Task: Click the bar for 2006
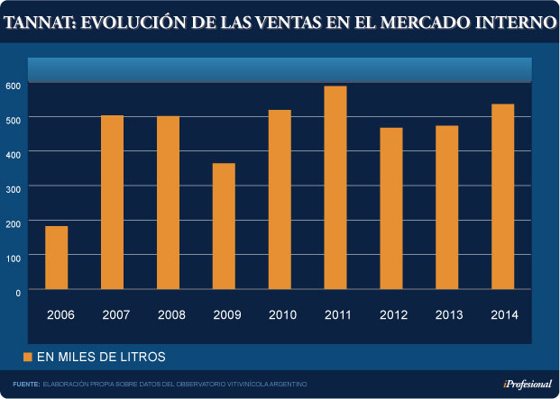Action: click(56, 258)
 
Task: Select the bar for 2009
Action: click(224, 226)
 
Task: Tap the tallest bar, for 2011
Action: click(335, 187)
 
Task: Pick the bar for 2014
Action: click(502, 196)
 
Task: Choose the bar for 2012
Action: click(390, 208)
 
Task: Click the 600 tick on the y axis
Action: click(13, 85)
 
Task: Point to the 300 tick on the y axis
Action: click(13, 187)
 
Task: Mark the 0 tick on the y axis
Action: click(16, 292)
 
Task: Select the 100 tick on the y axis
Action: click(13, 257)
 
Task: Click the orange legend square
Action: click(28, 357)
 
